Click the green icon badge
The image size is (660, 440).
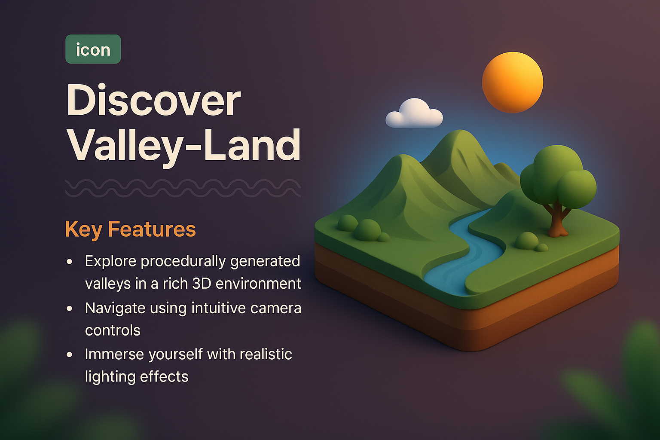click(x=93, y=49)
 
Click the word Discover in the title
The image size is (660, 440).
click(x=153, y=101)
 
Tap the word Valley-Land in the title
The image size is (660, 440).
click(x=183, y=145)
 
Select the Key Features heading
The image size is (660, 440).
click(x=130, y=229)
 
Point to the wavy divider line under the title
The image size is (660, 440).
click(x=183, y=188)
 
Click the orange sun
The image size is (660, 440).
click(x=512, y=82)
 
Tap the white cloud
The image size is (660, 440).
click(x=413, y=114)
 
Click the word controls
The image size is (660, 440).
click(x=113, y=330)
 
